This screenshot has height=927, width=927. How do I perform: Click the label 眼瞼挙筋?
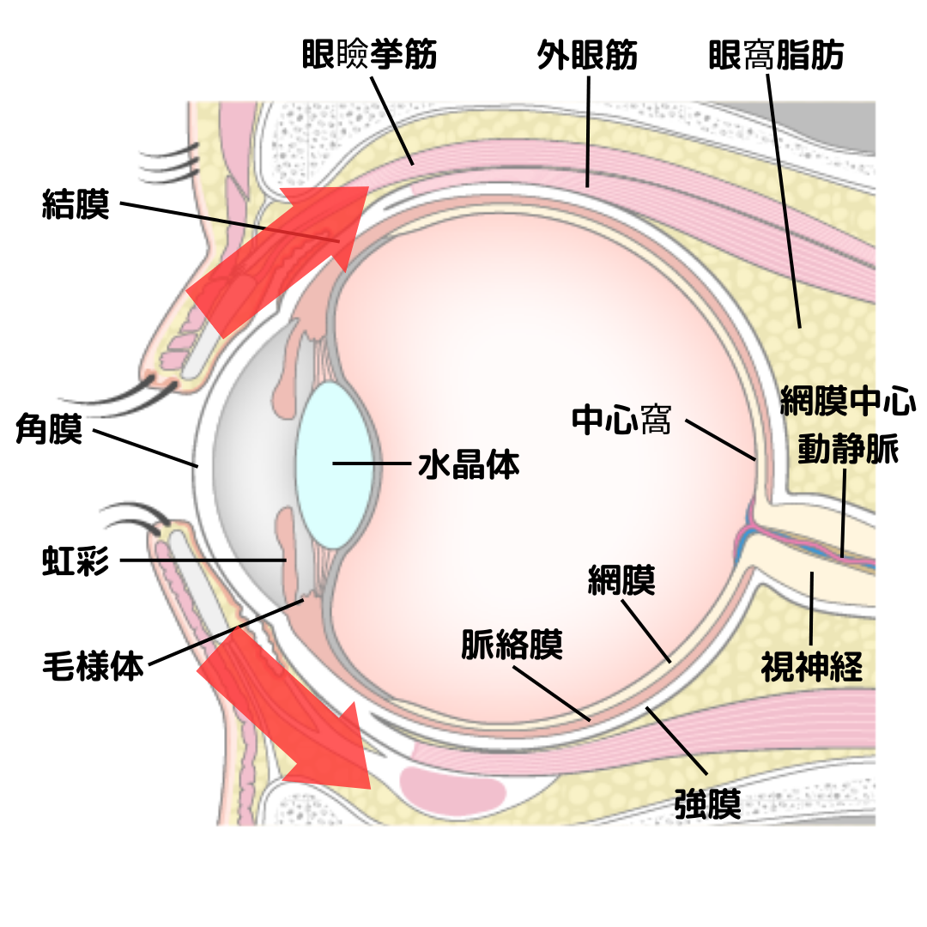click(x=370, y=56)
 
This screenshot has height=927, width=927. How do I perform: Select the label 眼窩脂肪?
click(x=776, y=56)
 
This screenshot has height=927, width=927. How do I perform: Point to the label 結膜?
click(x=76, y=205)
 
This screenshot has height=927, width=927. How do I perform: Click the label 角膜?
click(x=49, y=429)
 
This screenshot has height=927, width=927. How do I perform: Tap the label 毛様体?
click(x=93, y=665)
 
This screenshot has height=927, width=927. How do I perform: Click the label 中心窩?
click(x=622, y=421)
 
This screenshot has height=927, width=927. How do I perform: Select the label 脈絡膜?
click(x=512, y=645)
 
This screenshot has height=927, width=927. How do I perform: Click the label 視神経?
click(x=811, y=666)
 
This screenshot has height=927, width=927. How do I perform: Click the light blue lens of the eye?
click(x=335, y=464)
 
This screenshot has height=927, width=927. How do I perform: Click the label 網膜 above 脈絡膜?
click(x=621, y=581)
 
